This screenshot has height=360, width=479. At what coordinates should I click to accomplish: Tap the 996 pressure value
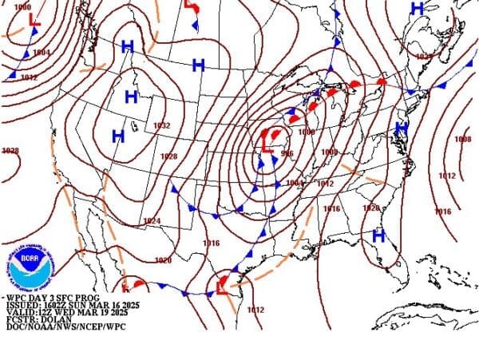[x=287, y=153]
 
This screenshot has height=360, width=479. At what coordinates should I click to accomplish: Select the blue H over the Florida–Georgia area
[x=379, y=235]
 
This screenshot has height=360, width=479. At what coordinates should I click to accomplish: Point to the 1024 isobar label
[x=152, y=221]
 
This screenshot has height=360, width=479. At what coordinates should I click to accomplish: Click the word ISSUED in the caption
[x=22, y=305]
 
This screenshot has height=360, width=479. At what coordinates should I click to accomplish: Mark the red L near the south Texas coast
[x=221, y=284]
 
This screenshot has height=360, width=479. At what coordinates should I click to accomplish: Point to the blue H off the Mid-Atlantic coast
[x=402, y=128]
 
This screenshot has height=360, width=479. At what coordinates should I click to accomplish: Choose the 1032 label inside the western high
[x=161, y=125]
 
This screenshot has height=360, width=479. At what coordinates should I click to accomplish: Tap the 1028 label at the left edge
[x=10, y=150]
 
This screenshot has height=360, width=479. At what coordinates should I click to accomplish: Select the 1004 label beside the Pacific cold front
[x=41, y=52]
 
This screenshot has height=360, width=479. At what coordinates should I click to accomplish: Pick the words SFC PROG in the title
[x=81, y=298]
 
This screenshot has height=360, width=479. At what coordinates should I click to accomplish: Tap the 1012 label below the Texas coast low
[x=255, y=310]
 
